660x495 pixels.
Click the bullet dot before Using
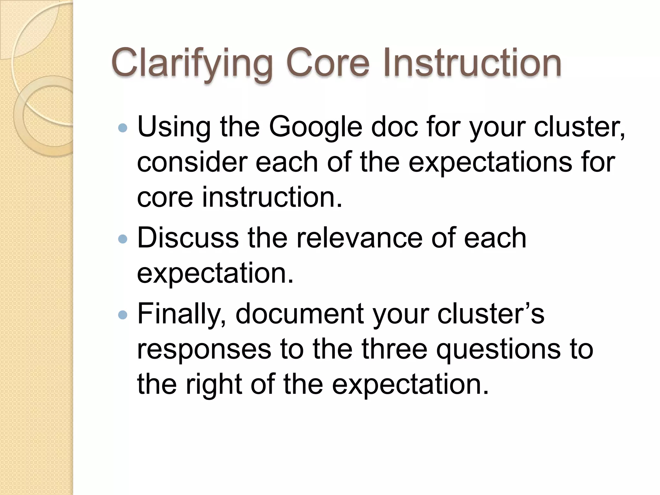123,129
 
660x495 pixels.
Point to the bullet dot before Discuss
123,239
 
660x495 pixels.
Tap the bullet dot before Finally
123,315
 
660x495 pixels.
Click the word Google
315,127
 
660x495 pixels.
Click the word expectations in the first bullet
490,163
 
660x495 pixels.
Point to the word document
300,314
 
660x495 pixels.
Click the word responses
204,350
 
